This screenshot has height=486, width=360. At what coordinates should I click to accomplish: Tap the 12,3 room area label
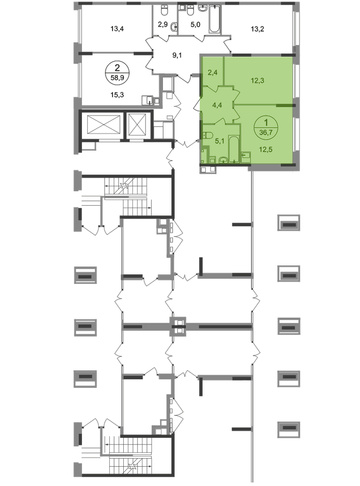[258, 81]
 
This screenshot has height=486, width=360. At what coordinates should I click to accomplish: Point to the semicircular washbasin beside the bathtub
[223, 159]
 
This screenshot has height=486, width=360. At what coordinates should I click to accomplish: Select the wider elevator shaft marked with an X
[102, 126]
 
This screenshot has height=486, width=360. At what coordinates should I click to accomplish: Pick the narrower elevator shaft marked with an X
[138, 126]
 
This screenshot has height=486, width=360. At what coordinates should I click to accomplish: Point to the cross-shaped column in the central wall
[179, 325]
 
